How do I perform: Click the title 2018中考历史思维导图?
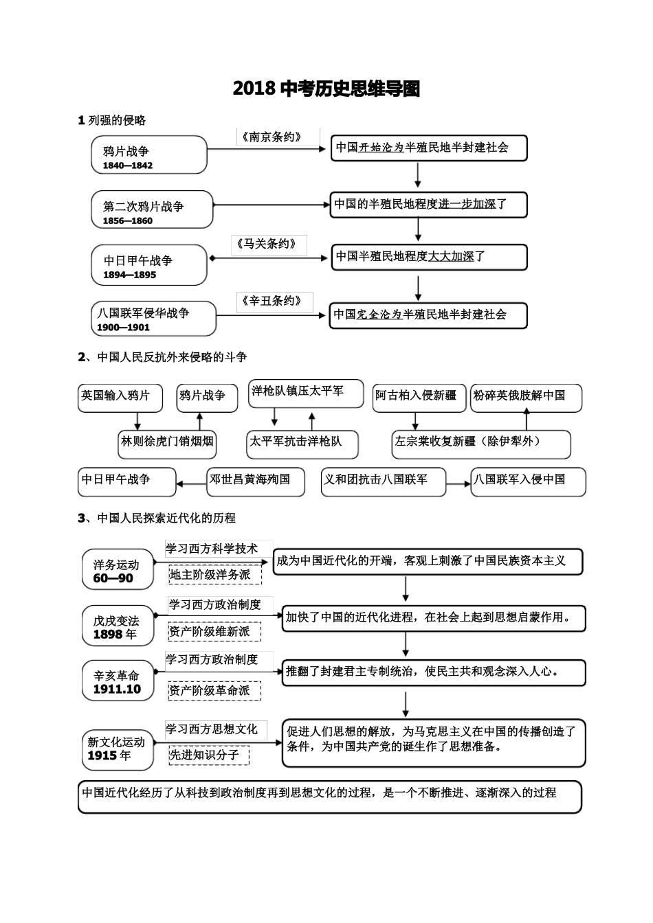[326, 89]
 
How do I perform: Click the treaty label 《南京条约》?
[272, 137]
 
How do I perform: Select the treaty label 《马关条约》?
[269, 244]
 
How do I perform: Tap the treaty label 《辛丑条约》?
[273, 301]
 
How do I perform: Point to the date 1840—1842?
[128, 166]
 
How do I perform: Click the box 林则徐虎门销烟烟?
[167, 442]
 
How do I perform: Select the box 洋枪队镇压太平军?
[297, 391]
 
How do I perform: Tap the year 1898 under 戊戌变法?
[109, 635]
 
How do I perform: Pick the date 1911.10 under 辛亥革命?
[117, 690]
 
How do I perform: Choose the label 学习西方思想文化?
[212, 729]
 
